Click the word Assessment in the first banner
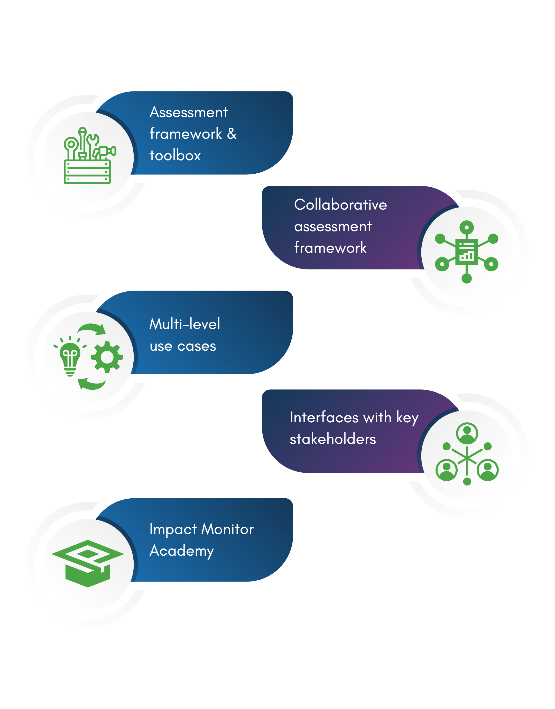(188, 112)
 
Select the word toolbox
(175, 156)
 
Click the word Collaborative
(340, 205)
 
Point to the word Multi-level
(184, 324)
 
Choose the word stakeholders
(333, 439)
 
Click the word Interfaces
(324, 417)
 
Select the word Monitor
(227, 529)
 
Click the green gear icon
(107, 357)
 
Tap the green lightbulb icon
(70, 357)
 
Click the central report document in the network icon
(467, 252)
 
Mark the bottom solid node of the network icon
(467, 278)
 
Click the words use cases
(183, 346)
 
